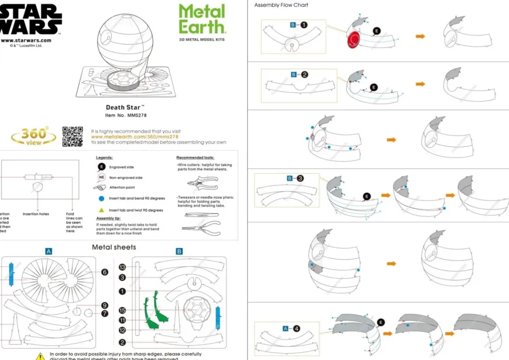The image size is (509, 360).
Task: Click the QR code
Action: point(72,136)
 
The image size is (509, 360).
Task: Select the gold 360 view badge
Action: point(34,136)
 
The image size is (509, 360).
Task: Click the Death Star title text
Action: point(124,107)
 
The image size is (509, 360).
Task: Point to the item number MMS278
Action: point(125,115)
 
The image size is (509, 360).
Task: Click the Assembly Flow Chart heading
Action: point(281,5)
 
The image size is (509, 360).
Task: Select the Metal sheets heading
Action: point(114,247)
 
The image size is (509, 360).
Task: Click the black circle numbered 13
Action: point(122,267)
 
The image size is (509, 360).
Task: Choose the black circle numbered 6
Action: point(104,272)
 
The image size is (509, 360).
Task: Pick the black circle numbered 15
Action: point(122,310)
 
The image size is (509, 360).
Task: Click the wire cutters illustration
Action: point(202,183)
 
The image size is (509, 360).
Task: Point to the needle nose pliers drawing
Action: point(201,227)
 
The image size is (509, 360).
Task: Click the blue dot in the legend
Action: point(101,199)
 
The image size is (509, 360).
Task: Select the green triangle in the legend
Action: point(101,210)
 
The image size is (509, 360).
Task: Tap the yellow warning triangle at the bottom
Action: point(40,356)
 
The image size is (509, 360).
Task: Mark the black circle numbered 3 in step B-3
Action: point(300,178)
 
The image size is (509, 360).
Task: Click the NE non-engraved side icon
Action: point(101,177)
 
